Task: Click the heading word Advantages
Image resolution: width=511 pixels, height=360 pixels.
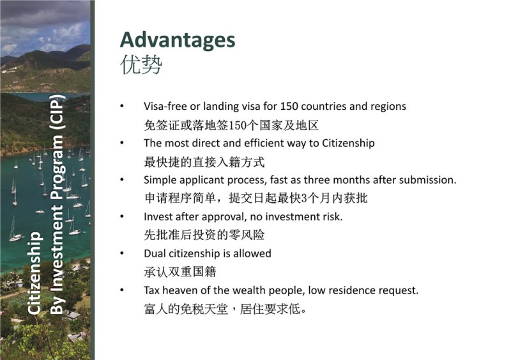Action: [x=178, y=41]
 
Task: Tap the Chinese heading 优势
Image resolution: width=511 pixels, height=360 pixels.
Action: [x=141, y=64]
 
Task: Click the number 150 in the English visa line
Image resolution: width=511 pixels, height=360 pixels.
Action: [x=289, y=106]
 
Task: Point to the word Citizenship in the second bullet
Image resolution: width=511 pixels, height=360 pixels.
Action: [x=348, y=143]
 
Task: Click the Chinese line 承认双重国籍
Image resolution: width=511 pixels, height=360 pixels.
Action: [x=180, y=272]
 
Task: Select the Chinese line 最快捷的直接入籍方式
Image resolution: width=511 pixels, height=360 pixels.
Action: [x=204, y=162]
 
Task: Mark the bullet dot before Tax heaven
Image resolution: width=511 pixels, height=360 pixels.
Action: [x=122, y=290]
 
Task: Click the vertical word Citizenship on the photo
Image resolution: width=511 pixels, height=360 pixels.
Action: [x=34, y=273]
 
